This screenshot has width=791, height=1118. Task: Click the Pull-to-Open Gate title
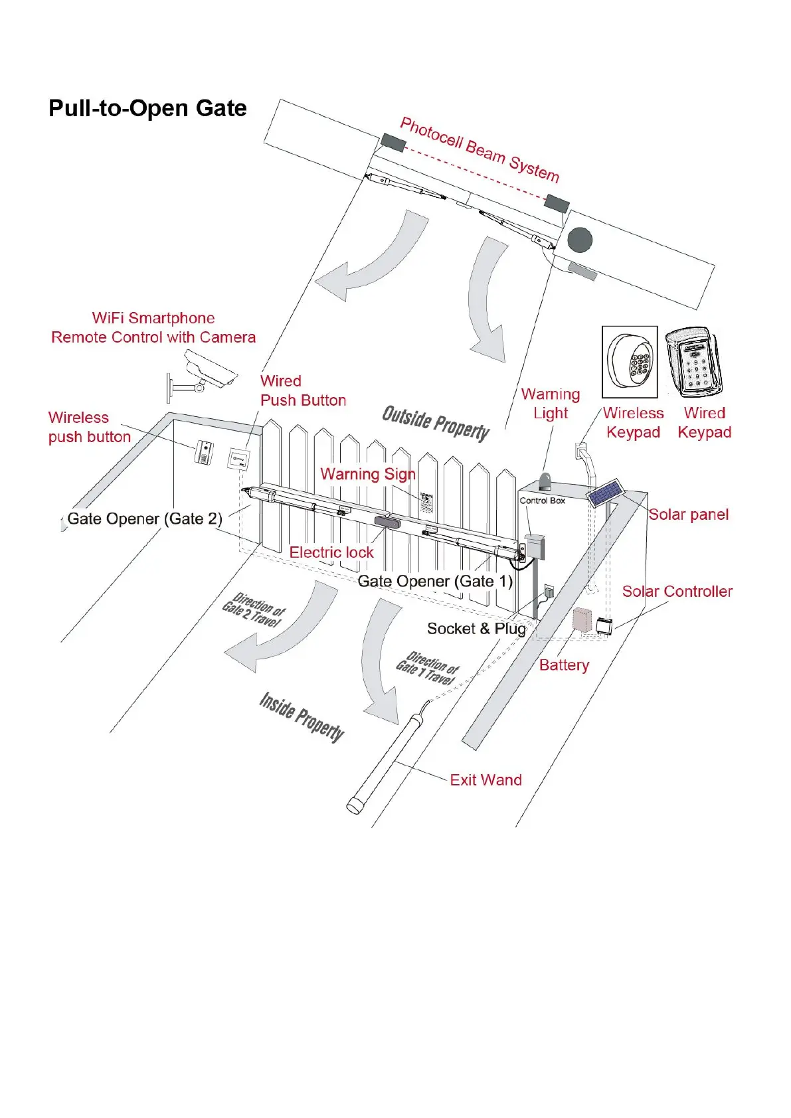tap(147, 108)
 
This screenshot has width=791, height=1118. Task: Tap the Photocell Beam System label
tap(480, 149)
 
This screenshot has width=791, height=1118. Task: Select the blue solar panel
tap(605, 494)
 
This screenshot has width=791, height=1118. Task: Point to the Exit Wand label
tap(485, 780)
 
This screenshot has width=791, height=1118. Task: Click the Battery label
tap(564, 665)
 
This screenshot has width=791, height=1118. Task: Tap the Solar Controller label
tap(677, 592)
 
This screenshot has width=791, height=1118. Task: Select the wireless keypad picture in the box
tap(629, 362)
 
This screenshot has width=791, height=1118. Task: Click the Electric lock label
tap(331, 552)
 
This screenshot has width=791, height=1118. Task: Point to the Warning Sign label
tap(368, 474)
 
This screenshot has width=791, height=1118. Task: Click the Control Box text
tap(542, 501)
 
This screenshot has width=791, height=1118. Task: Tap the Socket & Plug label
tap(476, 629)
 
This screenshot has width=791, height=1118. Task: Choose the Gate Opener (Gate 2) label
tap(145, 519)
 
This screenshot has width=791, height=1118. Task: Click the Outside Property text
tap(436, 423)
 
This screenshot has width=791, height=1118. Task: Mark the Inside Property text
tap(302, 717)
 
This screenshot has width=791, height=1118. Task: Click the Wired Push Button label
tap(303, 390)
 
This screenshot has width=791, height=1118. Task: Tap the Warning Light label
tap(551, 404)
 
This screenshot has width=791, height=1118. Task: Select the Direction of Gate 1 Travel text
tap(428, 668)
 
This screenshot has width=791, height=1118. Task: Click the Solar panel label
tap(688, 515)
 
